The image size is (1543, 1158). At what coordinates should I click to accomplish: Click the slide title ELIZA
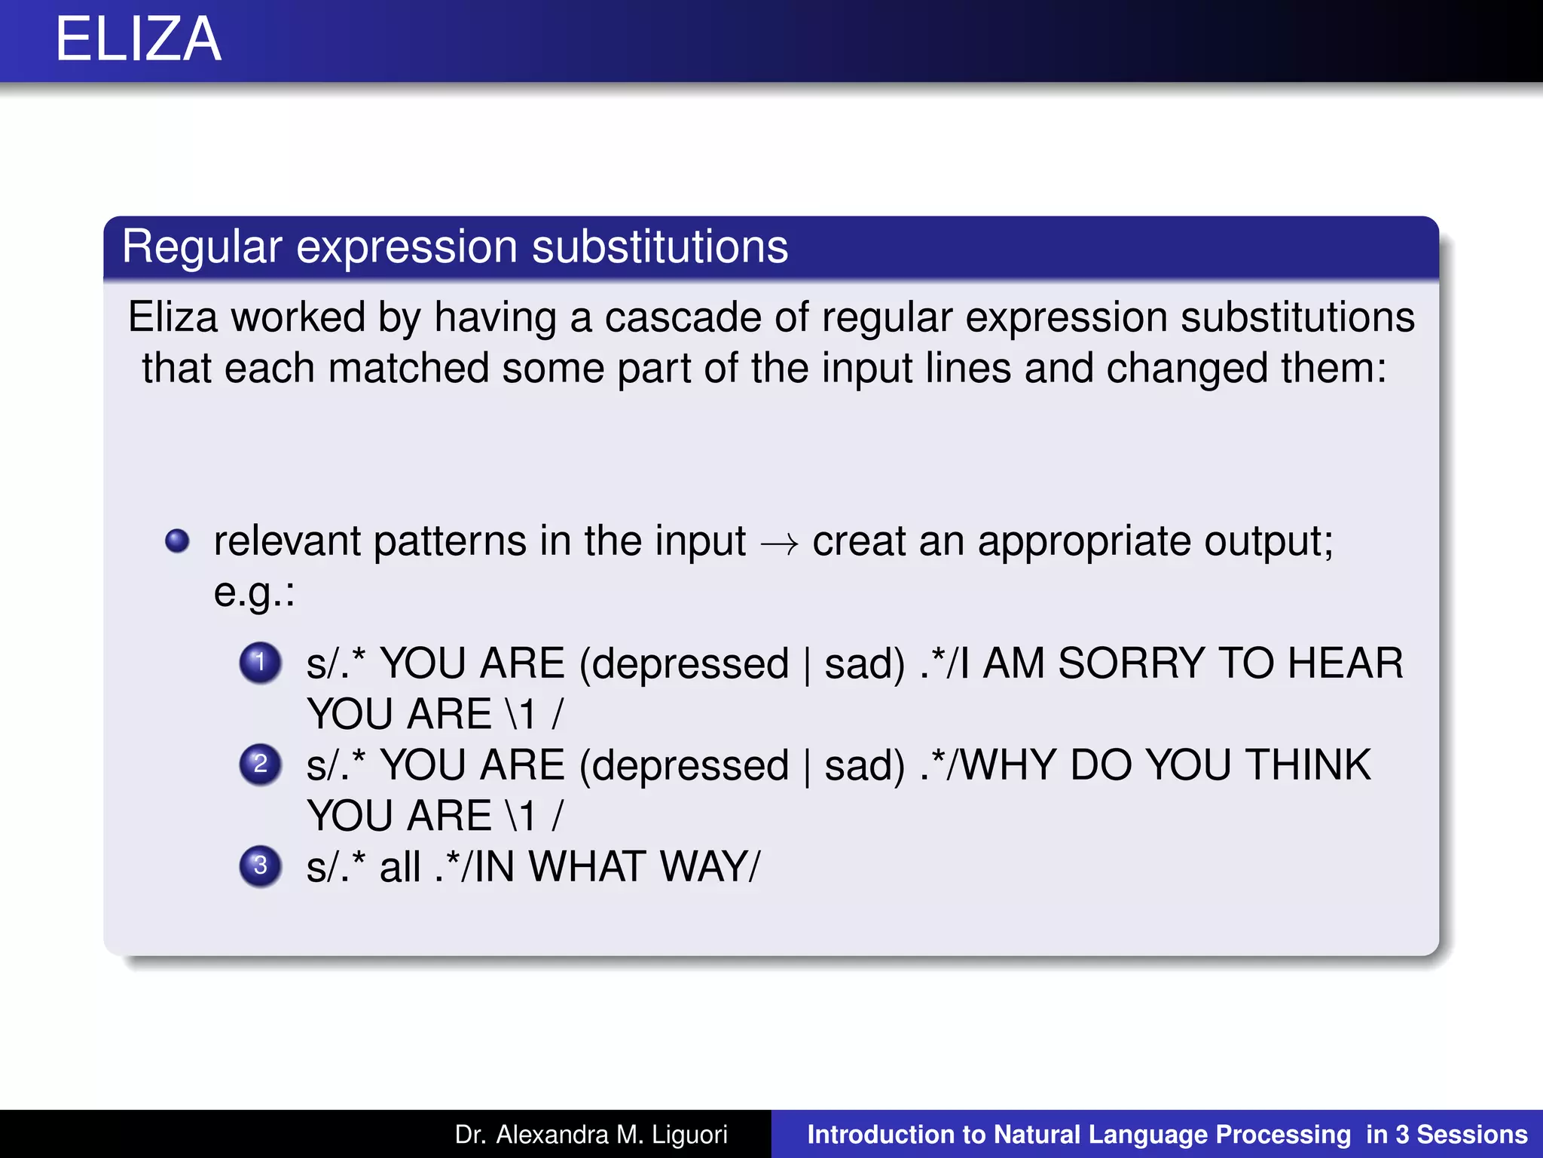(x=139, y=39)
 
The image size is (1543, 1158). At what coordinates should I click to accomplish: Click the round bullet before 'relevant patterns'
(x=177, y=541)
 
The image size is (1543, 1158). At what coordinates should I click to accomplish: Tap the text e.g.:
(x=254, y=592)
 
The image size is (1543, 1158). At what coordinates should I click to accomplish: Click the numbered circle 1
(x=260, y=663)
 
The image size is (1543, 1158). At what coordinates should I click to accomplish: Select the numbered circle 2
(x=260, y=764)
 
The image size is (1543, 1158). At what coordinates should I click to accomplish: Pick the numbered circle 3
(x=260, y=865)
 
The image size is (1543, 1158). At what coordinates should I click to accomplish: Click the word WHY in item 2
(x=1007, y=765)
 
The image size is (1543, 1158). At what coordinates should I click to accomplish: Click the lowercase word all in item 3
(x=399, y=866)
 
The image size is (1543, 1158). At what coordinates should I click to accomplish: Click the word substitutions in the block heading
(x=660, y=247)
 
